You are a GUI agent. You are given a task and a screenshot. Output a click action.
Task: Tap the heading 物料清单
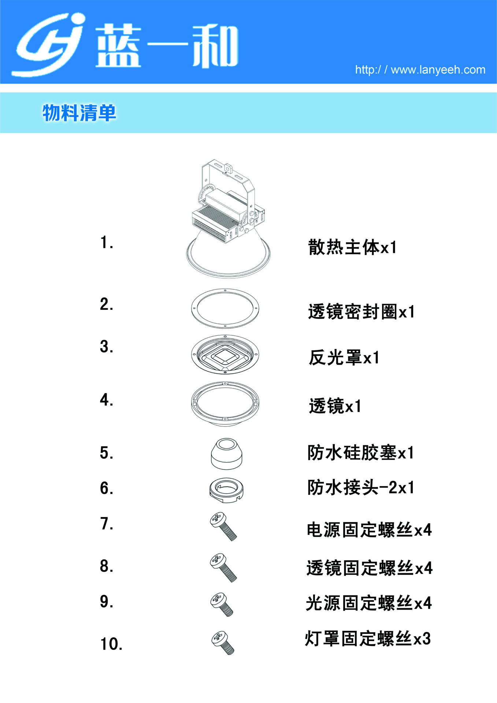[79, 113]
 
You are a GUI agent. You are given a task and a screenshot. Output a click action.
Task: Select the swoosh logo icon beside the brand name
[49, 45]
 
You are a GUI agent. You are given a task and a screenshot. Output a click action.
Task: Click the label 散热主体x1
[352, 247]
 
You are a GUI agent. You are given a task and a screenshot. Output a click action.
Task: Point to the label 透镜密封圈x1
[361, 312]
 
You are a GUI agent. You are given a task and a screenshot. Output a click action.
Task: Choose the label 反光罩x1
[344, 357]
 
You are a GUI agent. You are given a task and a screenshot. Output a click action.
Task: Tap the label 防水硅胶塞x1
[361, 453]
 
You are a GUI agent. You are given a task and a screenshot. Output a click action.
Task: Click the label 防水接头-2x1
[361, 487]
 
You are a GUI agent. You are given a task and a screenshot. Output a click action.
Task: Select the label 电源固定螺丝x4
[369, 529]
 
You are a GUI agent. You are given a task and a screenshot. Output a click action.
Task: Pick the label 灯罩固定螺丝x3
[368, 638]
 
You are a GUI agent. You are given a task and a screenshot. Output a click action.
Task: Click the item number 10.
[111, 644]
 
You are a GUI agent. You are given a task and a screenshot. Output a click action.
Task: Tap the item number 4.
[107, 400]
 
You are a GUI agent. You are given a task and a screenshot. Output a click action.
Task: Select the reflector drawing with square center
[225, 354]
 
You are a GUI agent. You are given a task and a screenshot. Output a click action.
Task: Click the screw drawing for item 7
[223, 527]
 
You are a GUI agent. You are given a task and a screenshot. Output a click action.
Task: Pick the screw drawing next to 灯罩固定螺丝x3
[223, 643]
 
